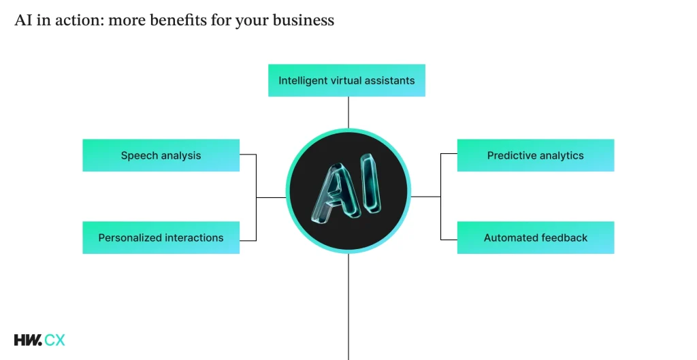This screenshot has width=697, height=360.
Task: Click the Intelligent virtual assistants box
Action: (346, 80)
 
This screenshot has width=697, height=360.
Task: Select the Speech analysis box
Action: (161, 155)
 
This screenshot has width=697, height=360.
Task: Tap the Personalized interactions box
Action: (161, 238)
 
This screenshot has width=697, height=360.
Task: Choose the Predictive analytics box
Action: (535, 155)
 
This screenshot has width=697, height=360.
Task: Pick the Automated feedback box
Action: (535, 238)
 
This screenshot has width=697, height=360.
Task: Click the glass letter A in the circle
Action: (334, 193)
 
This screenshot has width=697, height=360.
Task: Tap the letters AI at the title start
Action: (22, 20)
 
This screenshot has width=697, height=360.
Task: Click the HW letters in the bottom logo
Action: (27, 340)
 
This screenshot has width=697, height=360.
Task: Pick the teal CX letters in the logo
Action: (55, 340)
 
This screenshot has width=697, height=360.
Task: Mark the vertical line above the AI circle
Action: (348, 112)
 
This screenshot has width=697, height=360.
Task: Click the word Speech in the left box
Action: (139, 156)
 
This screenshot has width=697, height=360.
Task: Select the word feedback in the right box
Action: (564, 238)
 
